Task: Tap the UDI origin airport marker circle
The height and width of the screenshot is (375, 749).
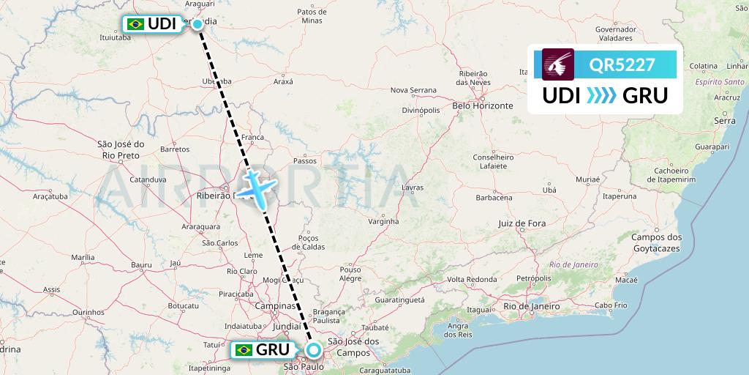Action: tap(197, 24)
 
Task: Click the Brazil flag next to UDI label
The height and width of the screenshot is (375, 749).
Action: tap(135, 24)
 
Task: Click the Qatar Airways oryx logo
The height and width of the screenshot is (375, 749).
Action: tap(558, 64)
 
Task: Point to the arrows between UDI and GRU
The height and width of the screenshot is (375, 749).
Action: tap(602, 95)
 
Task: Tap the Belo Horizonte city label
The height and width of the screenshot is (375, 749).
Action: tap(483, 105)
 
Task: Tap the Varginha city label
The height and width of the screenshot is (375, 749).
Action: tap(383, 221)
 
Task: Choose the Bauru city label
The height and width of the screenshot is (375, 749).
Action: tap(141, 264)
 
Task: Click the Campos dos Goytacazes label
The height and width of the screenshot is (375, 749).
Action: tap(656, 242)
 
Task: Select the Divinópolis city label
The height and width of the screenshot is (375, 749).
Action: tap(421, 110)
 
